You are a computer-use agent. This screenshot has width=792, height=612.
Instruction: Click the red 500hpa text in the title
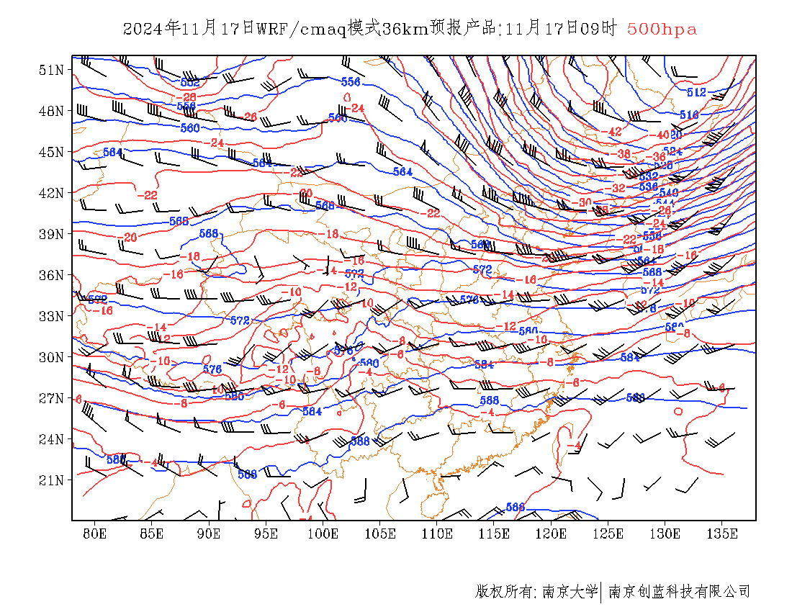pos(662,29)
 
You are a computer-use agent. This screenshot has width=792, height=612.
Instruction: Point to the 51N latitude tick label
pos(51,70)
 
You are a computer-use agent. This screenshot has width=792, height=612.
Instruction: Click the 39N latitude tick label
pos(51,234)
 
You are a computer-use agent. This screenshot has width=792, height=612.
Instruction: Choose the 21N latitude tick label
pos(51,480)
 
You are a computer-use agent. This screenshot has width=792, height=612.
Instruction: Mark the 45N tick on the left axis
pos(51,152)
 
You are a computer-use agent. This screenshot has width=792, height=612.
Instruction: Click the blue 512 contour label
pos(696,93)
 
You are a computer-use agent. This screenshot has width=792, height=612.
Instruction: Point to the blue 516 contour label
pos(689,115)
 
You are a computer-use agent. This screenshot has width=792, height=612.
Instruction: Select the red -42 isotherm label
pos(613,132)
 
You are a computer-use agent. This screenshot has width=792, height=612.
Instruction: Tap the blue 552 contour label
pos(189,83)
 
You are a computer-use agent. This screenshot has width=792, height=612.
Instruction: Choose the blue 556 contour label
pos(351,81)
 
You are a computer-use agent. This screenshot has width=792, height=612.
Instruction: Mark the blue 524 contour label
pos(672,151)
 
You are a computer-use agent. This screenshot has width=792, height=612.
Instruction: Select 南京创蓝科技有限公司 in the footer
pos(679,592)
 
